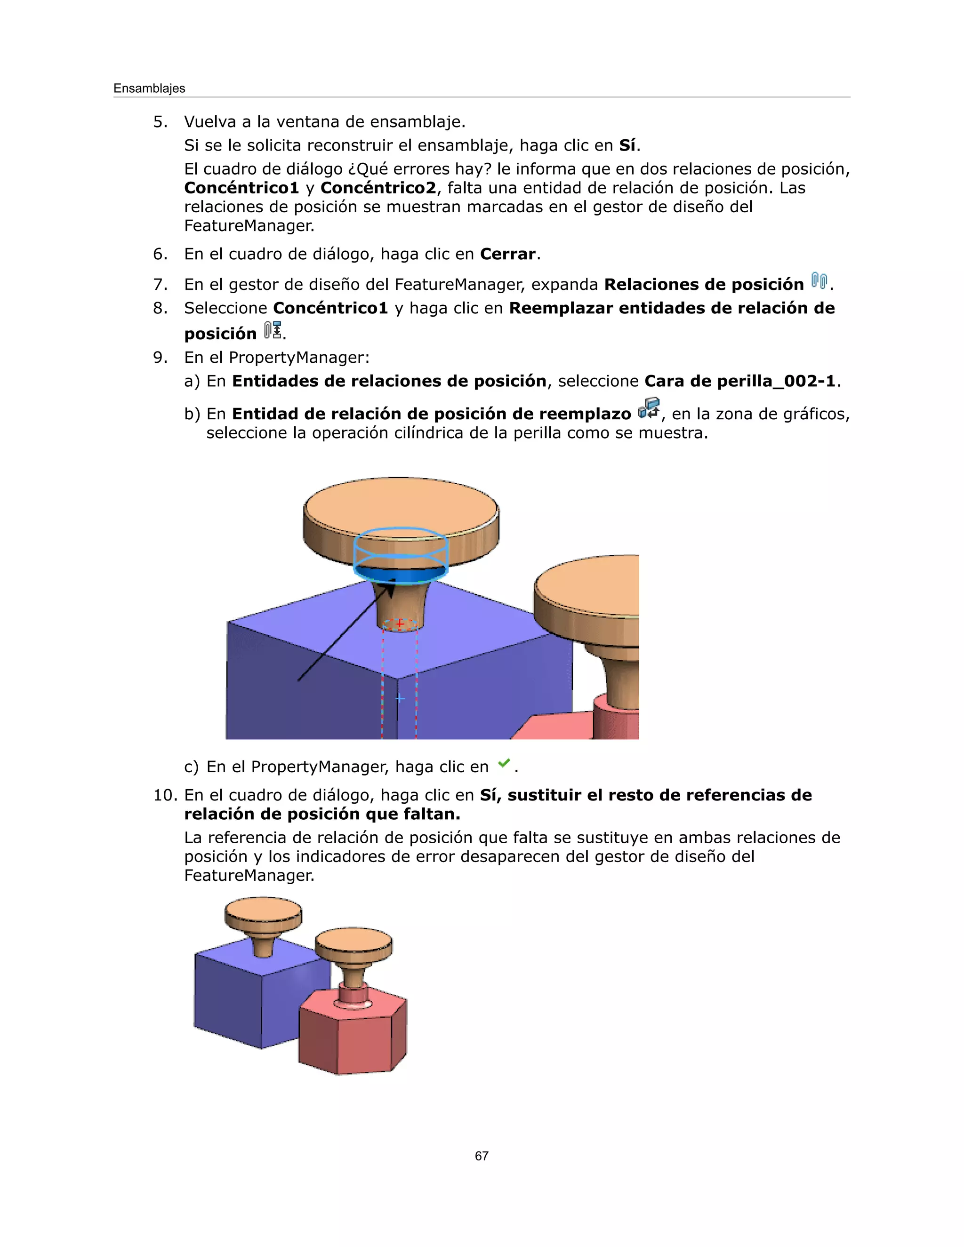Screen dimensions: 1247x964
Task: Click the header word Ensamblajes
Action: pos(149,88)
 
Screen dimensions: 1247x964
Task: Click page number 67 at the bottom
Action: pos(482,1156)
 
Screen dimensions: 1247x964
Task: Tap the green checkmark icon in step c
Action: pos(504,763)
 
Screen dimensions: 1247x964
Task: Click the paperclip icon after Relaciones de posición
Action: pos(819,281)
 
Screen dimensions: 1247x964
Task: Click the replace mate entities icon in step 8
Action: pos(273,330)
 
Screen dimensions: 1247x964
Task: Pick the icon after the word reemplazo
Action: pos(648,409)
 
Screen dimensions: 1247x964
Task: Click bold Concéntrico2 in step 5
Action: pos(378,188)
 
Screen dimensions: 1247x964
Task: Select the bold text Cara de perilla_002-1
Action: pos(740,381)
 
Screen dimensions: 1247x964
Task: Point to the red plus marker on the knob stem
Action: pos(400,623)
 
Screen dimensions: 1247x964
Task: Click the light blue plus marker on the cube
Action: pos(400,698)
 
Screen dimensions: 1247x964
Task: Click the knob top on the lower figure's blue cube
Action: pos(263,909)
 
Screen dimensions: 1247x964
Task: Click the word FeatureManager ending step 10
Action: pos(249,875)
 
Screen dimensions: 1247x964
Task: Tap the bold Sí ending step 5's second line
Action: pos(627,145)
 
